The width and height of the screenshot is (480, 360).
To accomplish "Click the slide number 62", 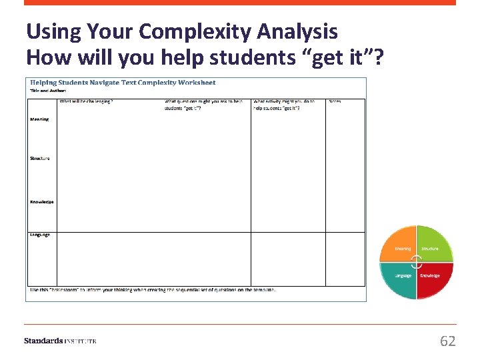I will click(447, 341).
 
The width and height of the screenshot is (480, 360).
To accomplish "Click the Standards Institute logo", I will click(60, 341).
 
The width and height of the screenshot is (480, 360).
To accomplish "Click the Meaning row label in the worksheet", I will click(39, 119).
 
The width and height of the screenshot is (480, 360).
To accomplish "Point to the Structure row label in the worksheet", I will click(40, 158).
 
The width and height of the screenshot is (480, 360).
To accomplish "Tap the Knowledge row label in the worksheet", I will click(41, 201).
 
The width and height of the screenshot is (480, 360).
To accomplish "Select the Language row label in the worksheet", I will click(40, 235).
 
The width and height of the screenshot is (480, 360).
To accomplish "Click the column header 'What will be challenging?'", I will click(86, 101).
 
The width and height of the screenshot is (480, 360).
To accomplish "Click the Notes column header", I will click(335, 101).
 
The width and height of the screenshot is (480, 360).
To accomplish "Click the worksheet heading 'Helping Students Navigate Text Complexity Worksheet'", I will click(123, 83).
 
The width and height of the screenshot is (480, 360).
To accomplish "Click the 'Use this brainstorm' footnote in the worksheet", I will click(153, 290).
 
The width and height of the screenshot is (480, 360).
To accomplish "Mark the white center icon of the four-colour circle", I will click(417, 261).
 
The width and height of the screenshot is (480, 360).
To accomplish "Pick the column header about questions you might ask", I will click(203, 105).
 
